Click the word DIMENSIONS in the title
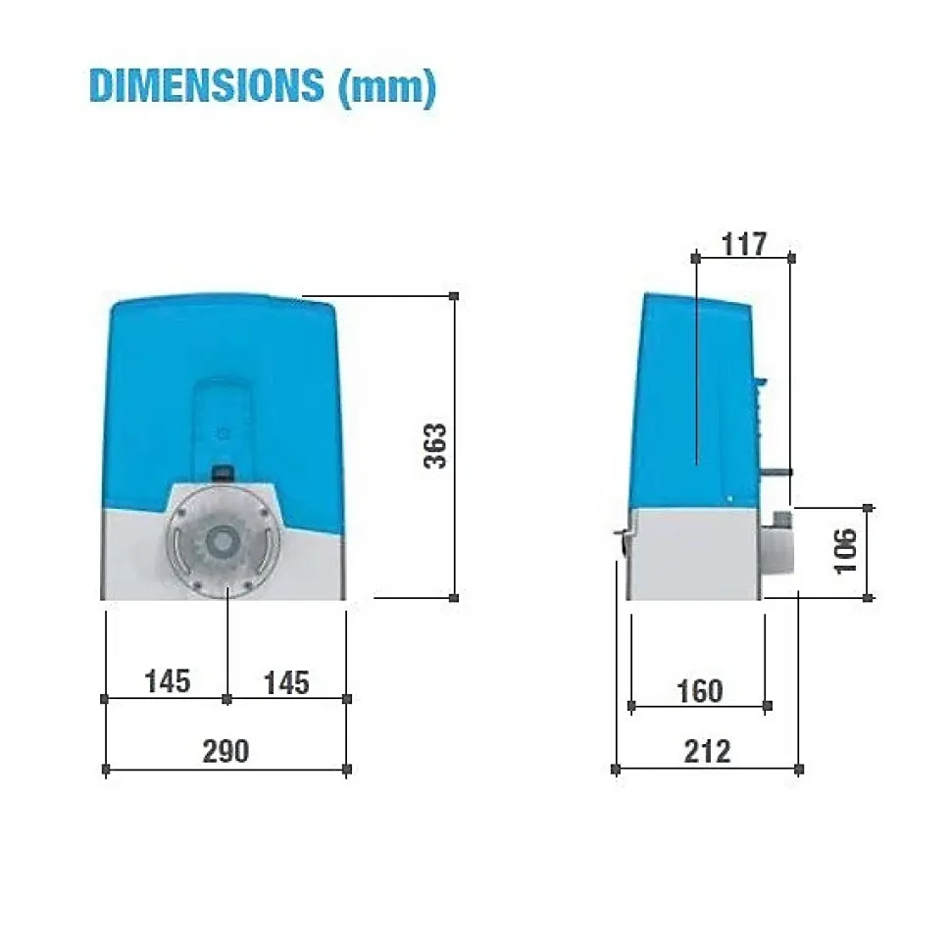tap(206, 85)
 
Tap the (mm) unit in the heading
tap(387, 87)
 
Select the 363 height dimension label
tap(435, 446)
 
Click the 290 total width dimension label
tap(225, 751)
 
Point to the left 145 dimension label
tap(168, 681)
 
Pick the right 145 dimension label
tap(287, 682)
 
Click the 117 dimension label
tap(744, 244)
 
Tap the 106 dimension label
tap(845, 551)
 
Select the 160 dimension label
tap(700, 691)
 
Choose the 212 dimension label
tap(707, 751)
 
